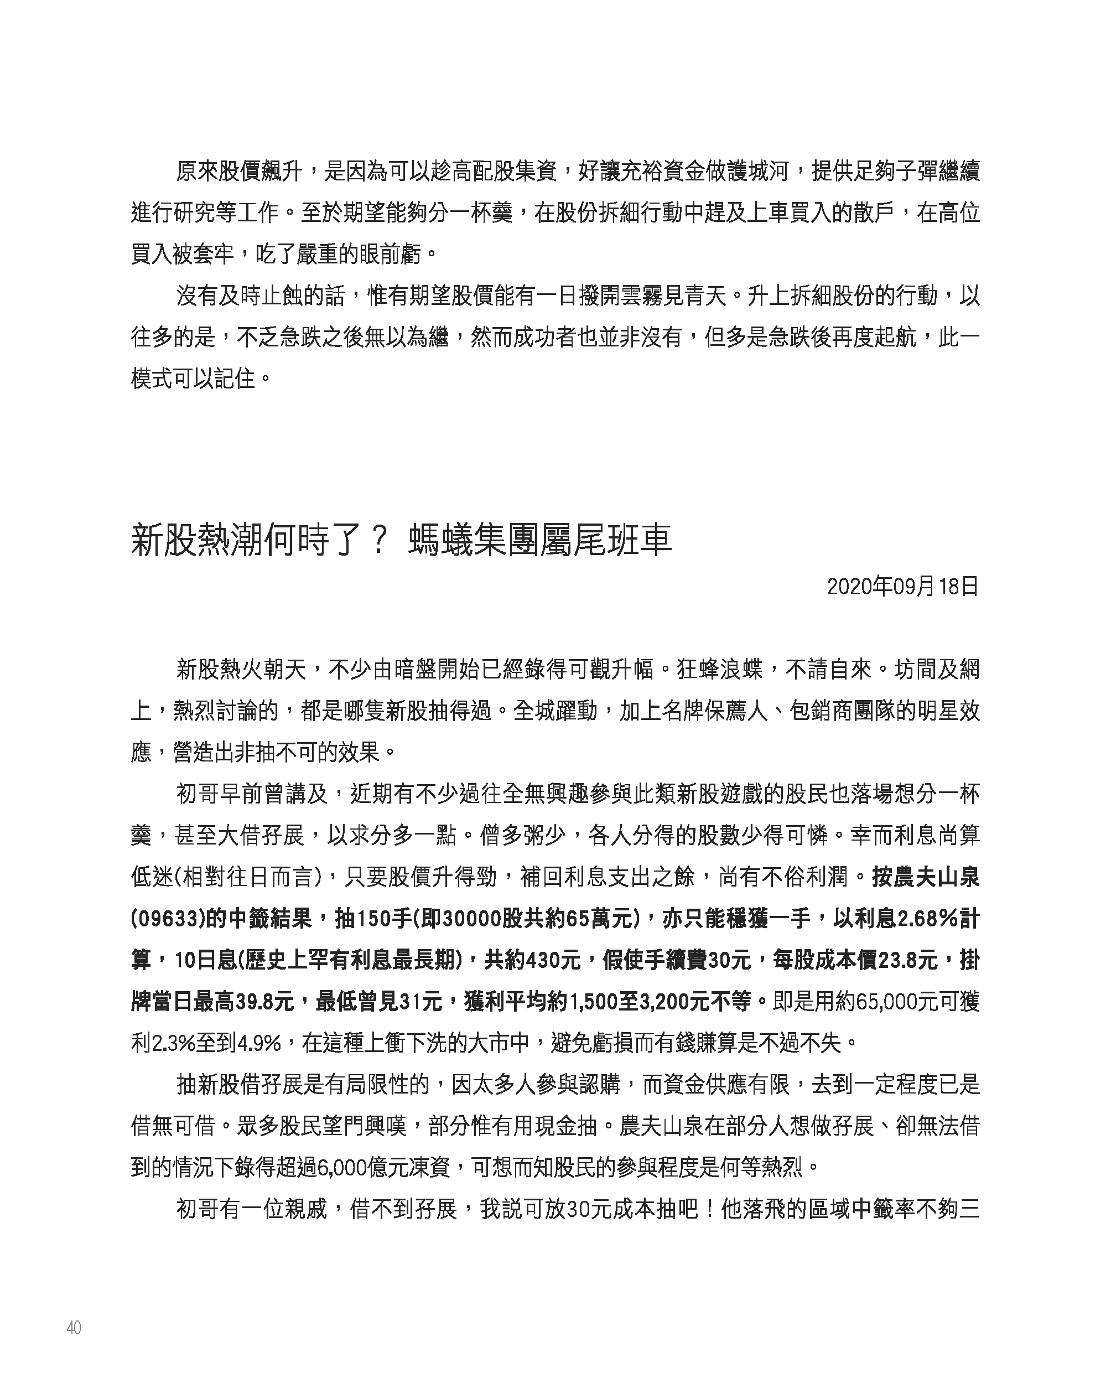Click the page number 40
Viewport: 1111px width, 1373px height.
74,1328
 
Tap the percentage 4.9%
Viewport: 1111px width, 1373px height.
259,1043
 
